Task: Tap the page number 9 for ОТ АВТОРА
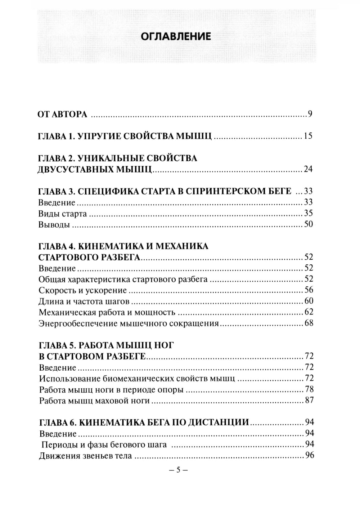[310, 115]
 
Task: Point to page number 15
[308, 136]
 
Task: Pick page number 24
[308, 169]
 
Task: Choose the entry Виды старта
[63, 214]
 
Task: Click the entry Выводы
[54, 225]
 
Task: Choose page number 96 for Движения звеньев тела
[309, 456]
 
